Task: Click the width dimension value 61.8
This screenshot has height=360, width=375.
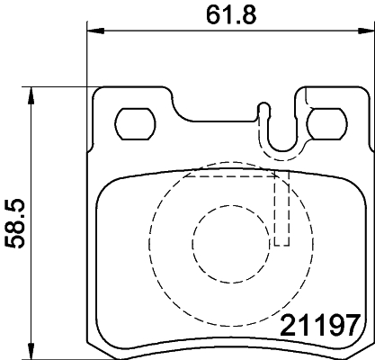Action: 226,13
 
